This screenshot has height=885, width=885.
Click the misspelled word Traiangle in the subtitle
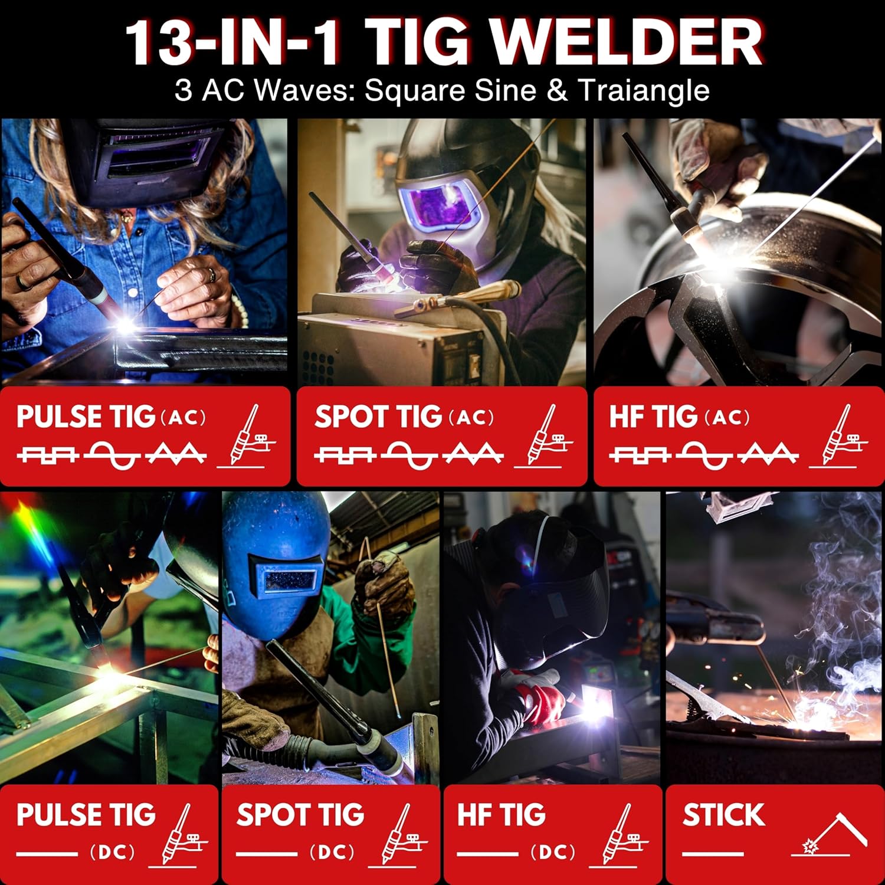pyautogui.click(x=643, y=90)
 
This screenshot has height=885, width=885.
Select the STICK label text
pyautogui.click(x=723, y=815)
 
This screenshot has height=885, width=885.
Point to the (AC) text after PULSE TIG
pyautogui.click(x=183, y=418)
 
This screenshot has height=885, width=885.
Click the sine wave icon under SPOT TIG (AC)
pyautogui.click(x=412, y=454)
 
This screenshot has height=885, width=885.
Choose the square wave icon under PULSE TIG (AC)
pyautogui.click(x=47, y=454)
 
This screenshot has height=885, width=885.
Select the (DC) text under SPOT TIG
pyautogui.click(x=332, y=852)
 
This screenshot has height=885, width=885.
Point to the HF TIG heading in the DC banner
pyautogui.click(x=501, y=815)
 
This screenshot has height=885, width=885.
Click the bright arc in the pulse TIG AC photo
pyautogui.click(x=127, y=324)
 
